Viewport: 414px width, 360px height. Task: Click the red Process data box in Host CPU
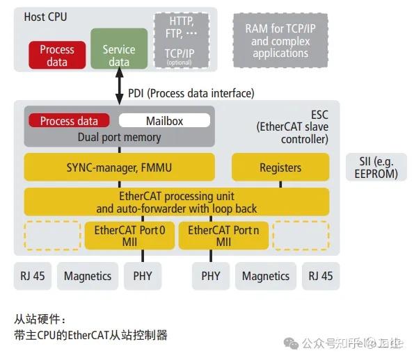pos(57,56)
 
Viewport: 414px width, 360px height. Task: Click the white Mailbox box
pos(164,120)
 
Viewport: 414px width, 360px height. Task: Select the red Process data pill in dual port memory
pos(69,120)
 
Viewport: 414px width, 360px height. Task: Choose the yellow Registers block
pos(280,167)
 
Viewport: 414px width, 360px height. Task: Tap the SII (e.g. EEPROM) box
pos(376,167)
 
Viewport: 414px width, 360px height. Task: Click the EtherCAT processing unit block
pos(176,202)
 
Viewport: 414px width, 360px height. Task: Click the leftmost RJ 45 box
pos(32,276)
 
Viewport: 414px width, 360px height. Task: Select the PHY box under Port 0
pos(142,276)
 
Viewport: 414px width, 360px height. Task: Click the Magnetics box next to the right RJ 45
pos(265,276)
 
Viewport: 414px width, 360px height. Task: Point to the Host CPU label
pos(45,17)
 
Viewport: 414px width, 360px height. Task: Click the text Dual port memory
pos(118,137)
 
